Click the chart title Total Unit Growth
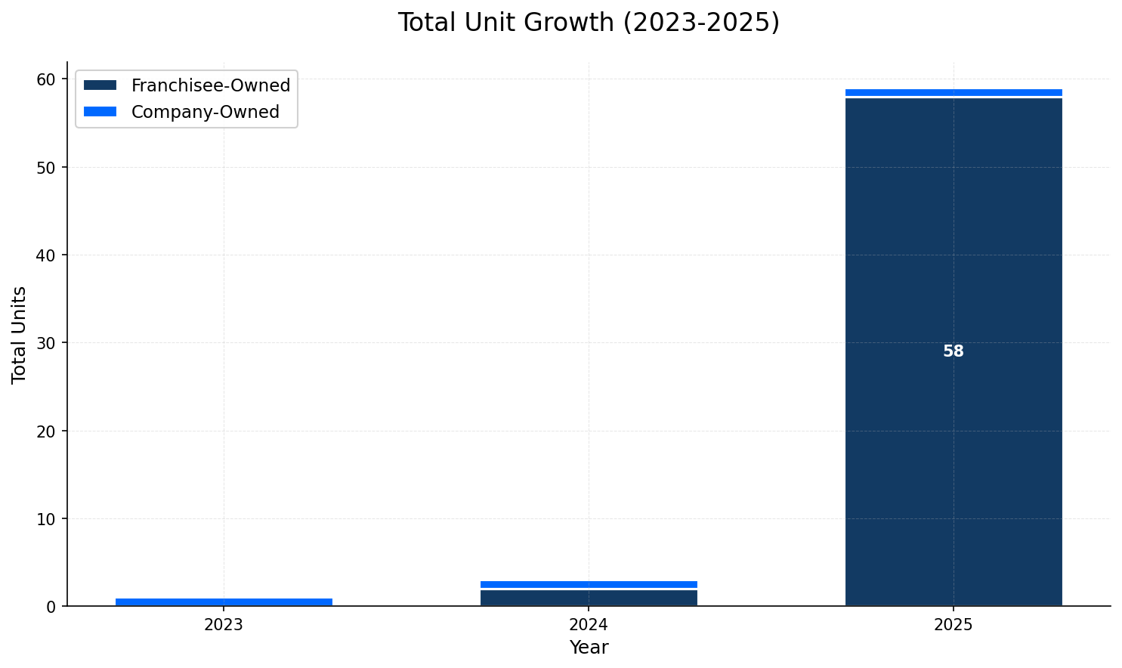click(589, 23)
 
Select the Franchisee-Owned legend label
click(211, 85)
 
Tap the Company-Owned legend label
click(205, 112)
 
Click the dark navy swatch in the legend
click(100, 85)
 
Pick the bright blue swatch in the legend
click(100, 112)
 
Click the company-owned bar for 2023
click(224, 602)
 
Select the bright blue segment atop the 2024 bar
click(589, 584)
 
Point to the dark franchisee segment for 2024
click(589, 597)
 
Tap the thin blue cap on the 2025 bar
click(954, 92)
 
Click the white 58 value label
click(954, 351)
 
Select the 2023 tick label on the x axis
click(224, 625)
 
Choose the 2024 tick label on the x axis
click(589, 625)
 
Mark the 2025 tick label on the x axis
click(954, 625)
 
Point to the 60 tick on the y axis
click(47, 79)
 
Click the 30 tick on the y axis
click(47, 343)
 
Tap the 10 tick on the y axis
click(47, 519)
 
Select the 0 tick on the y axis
click(51, 607)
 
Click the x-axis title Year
click(589, 648)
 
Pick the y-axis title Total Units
click(20, 335)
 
